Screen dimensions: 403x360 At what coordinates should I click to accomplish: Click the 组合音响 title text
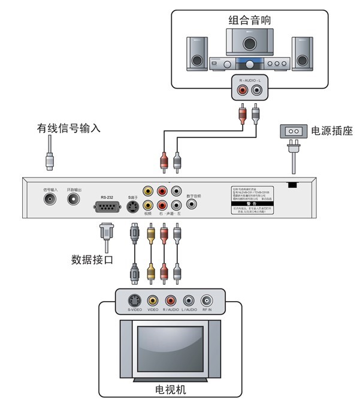250,20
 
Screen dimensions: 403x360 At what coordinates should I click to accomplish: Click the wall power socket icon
293,131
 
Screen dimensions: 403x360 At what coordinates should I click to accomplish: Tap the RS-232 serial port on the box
107,207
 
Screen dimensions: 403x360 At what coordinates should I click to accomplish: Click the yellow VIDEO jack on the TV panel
153,300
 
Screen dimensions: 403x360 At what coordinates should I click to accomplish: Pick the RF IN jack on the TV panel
208,300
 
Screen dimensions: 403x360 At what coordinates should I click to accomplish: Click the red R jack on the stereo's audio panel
243,91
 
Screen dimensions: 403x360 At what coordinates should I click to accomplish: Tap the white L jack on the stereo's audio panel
257,91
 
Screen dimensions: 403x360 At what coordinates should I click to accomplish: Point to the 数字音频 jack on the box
192,204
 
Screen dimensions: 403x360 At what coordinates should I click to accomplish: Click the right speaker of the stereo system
302,53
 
